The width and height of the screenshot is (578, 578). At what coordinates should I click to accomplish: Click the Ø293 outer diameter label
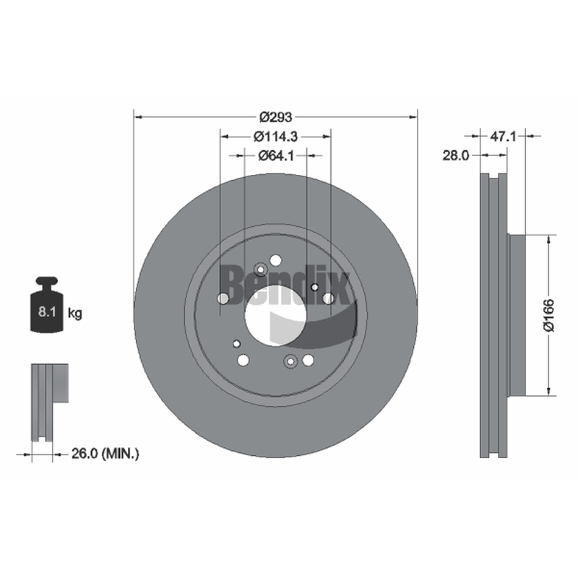pyautogui.click(x=275, y=117)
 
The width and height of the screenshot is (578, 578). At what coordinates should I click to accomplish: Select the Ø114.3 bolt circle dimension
pyautogui.click(x=275, y=137)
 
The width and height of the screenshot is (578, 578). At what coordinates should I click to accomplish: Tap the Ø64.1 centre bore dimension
pyautogui.click(x=276, y=156)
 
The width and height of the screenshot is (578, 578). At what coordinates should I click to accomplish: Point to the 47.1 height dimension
pyautogui.click(x=503, y=137)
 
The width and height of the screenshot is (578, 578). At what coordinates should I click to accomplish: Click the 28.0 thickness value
pyautogui.click(x=456, y=155)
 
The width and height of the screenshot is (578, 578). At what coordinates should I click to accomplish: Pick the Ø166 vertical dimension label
pyautogui.click(x=549, y=316)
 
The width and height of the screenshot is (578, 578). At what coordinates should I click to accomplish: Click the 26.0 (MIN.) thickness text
pyautogui.click(x=105, y=454)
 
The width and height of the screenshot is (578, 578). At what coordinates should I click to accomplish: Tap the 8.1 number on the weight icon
pyautogui.click(x=47, y=312)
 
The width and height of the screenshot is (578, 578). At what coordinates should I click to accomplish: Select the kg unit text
pyautogui.click(x=75, y=314)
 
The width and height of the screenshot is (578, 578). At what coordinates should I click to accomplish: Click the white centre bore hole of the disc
pyautogui.click(x=275, y=316)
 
